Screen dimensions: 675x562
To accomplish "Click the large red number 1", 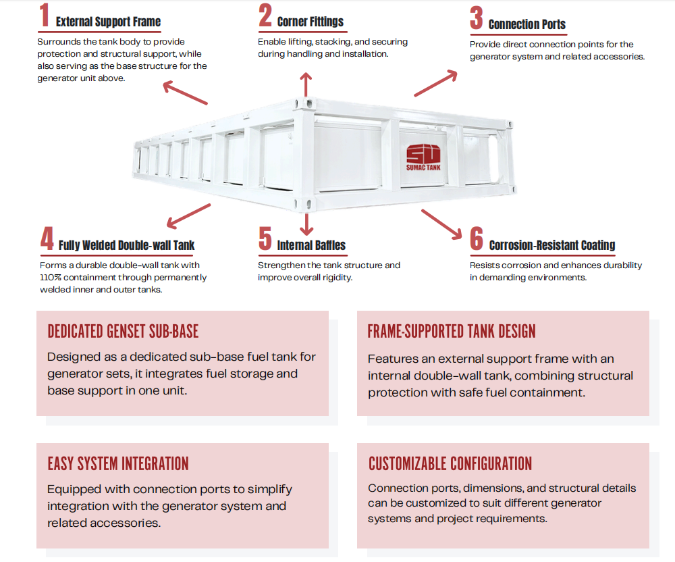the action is click(x=45, y=15).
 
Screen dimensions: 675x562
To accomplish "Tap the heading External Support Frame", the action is click(x=108, y=22).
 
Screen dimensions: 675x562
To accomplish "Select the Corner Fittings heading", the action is click(x=310, y=22).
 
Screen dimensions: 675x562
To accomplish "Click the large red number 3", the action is click(x=477, y=18).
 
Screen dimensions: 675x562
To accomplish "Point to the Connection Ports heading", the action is click(x=527, y=24).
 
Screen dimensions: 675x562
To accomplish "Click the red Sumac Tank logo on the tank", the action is click(x=424, y=157).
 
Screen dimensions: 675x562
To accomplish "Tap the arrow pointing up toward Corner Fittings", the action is click(x=306, y=84).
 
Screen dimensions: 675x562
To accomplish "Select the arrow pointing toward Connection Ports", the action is click(x=435, y=83).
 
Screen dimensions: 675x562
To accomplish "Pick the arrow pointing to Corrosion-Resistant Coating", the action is click(x=441, y=224).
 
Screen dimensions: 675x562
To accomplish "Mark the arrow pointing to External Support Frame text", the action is click(x=185, y=93).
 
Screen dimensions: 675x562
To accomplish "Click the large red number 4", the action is click(x=47, y=238).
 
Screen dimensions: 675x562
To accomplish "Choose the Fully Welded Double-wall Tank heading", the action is click(x=127, y=245).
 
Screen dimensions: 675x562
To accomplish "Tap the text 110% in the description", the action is click(x=51, y=278).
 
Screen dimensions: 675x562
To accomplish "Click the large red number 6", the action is click(x=477, y=238).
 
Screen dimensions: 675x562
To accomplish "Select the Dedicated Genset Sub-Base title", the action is click(x=123, y=331).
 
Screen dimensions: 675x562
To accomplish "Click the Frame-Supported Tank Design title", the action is click(x=452, y=331).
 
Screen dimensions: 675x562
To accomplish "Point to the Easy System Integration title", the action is click(x=118, y=464).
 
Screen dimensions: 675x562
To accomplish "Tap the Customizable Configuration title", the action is click(x=450, y=464).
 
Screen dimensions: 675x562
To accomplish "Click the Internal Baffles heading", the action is click(x=311, y=245).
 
